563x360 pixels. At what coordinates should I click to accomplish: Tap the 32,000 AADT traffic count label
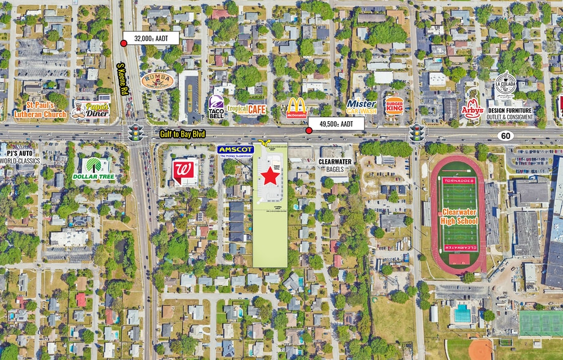point(151,38)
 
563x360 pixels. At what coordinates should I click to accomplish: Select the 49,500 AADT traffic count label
point(336,124)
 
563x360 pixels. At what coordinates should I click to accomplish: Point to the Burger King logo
point(394,106)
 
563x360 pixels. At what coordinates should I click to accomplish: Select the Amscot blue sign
point(235,149)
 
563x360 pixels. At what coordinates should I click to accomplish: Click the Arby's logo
point(472,108)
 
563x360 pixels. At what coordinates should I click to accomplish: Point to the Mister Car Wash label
point(361,107)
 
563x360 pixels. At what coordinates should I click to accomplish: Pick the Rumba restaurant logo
point(157,80)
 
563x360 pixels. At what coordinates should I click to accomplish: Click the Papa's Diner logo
point(90,110)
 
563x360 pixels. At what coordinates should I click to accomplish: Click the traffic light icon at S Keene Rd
point(135,132)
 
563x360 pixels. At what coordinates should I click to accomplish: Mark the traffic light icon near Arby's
point(417,132)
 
